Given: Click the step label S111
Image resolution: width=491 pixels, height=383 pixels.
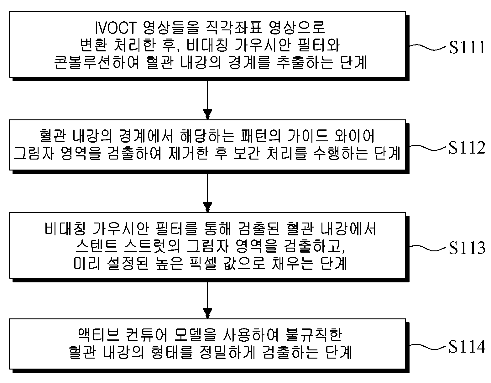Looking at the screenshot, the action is (467, 47).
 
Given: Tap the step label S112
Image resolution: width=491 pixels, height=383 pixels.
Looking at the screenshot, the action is (467, 148).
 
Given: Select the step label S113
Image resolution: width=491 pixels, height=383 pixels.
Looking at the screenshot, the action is (467, 248).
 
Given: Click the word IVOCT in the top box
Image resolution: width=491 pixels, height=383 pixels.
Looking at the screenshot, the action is (115, 28).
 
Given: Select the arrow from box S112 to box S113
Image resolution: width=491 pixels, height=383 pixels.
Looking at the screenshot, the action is (207, 193).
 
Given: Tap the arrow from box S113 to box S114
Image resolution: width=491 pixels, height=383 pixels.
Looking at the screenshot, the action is (207, 300).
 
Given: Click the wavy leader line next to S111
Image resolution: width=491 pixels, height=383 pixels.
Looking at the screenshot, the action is (427, 48).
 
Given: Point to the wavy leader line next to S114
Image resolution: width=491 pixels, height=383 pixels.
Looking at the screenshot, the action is (427, 347).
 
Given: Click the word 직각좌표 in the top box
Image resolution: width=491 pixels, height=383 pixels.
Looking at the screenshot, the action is (234, 28).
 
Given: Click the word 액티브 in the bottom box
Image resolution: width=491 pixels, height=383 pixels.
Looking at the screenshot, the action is (99, 335).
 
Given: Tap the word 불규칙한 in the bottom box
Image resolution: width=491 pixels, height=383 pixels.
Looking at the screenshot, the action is (314, 335).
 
